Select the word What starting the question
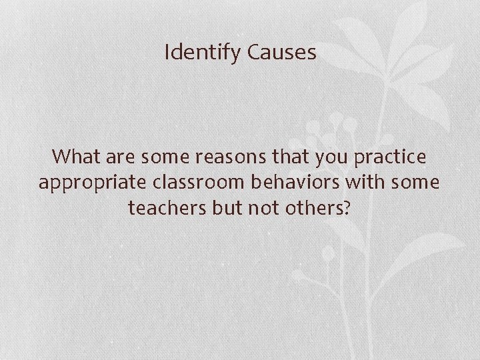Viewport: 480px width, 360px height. [x=77, y=157]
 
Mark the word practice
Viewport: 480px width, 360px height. [x=391, y=158]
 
